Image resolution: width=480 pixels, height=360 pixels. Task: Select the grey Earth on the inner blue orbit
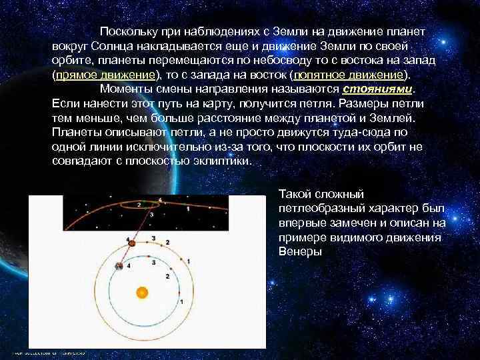click(x=119, y=266)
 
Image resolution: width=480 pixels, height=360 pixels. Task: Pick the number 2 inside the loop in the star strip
click(x=139, y=204)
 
